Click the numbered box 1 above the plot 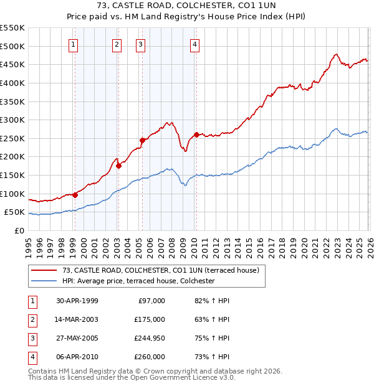74,44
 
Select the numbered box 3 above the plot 141,44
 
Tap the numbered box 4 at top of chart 195,44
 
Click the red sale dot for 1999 75,195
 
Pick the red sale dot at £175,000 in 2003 118,166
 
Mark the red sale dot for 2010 196,134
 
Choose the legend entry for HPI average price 138,281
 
